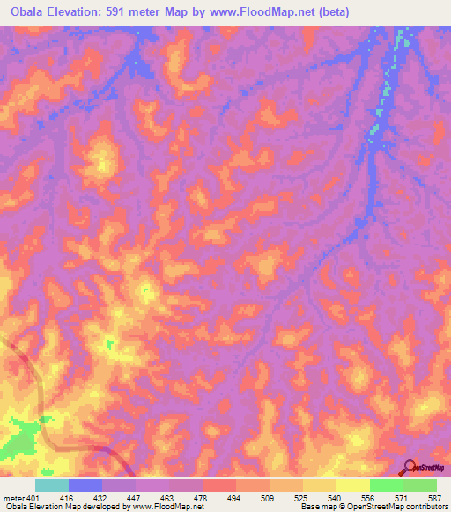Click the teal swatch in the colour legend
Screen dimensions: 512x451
[52, 485]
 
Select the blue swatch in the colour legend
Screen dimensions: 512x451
[85, 485]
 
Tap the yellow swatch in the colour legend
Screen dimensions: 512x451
[353, 485]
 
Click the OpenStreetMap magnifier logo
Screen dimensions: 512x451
[410, 467]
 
